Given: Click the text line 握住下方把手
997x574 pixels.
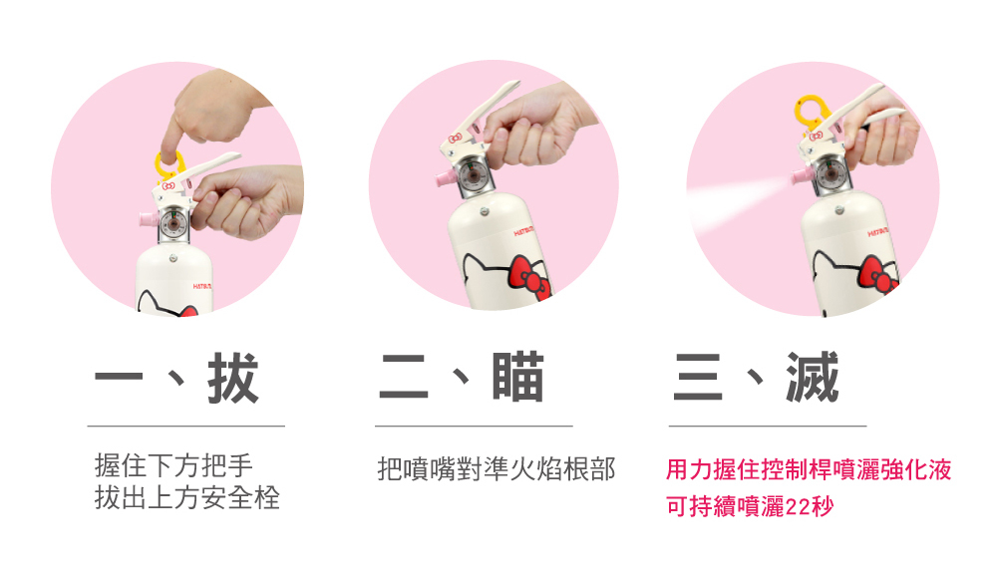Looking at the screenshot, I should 173,465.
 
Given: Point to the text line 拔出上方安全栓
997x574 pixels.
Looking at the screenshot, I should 187,497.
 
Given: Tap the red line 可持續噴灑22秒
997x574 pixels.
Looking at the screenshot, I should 749,506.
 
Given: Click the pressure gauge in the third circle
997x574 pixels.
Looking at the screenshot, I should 826,178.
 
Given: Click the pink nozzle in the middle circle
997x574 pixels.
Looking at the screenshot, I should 440,178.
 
